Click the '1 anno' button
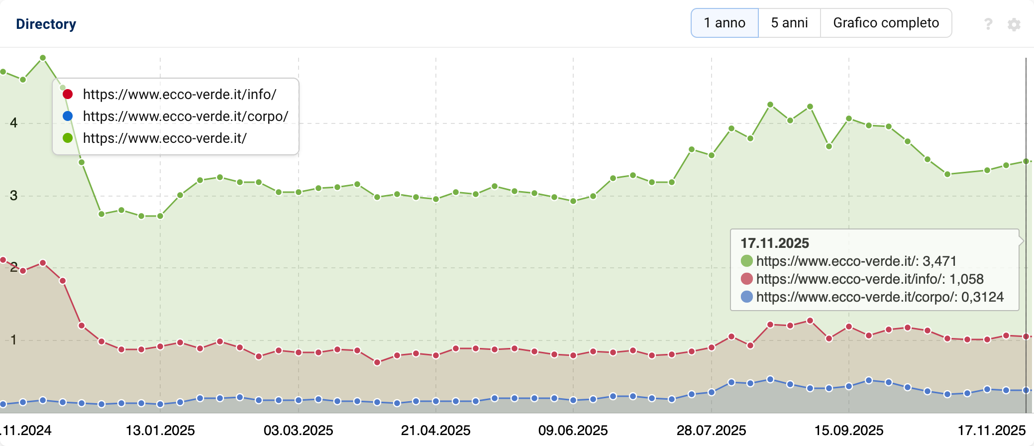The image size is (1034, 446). pos(724,23)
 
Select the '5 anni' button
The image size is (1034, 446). pos(789,23)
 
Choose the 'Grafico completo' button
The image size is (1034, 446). pos(886,23)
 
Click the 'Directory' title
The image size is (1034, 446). pos(46,24)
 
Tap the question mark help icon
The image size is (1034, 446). pos(988,24)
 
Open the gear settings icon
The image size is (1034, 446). pos(1014,24)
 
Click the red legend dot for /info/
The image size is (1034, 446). pos(68,94)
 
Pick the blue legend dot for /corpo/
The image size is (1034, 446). pos(68,116)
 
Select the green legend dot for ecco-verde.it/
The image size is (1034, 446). pos(68,138)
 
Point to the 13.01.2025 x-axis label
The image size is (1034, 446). pos(160,430)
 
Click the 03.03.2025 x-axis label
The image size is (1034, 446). pos(298,430)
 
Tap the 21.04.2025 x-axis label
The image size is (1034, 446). pos(436,430)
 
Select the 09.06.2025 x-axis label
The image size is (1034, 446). pos(573,430)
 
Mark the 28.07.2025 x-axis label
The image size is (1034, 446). pos(711,430)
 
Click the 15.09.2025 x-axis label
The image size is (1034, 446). pos(849,430)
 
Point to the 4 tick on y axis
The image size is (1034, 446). pos(13,123)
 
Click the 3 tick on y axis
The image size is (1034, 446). pos(13,196)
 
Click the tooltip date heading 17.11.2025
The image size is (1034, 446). pos(775,243)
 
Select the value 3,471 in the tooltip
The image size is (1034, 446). pos(939,261)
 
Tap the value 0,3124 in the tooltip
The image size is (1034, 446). pos(982,297)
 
